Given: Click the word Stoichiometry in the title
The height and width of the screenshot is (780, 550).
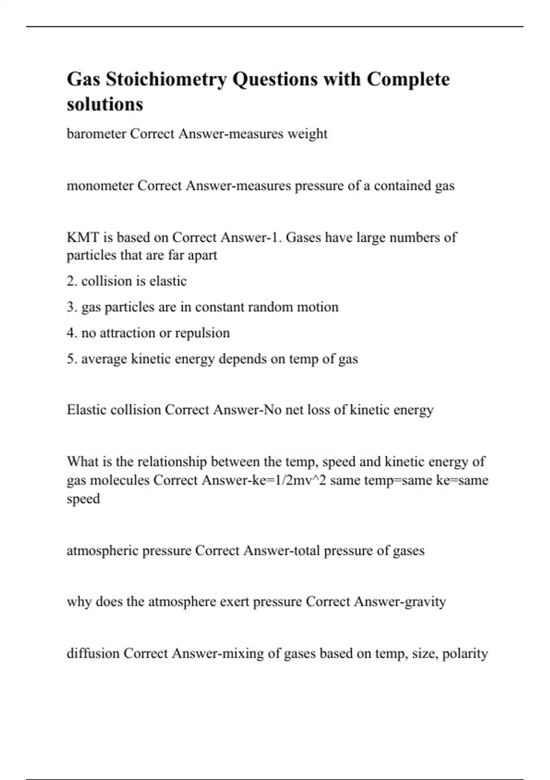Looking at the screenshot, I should pos(166,79).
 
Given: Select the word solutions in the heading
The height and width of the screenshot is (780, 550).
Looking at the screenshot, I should pos(105,104).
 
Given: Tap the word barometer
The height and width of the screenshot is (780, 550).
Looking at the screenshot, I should pos(96,134).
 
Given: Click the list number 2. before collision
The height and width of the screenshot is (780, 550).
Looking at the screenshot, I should pos(72,281).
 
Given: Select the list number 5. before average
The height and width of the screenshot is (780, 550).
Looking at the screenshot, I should pos(72,358).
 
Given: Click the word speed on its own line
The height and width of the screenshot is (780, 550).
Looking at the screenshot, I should pos(83,499).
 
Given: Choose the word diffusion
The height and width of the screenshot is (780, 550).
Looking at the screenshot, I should pos(93,653).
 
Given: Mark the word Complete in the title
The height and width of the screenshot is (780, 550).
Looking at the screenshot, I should pos(408,79).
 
